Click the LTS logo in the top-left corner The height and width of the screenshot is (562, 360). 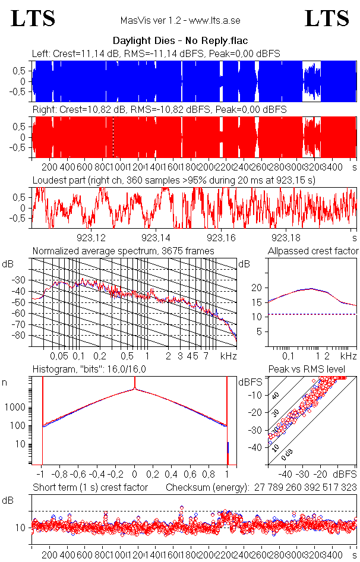(x=33, y=18)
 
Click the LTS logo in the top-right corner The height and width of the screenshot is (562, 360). (x=327, y=18)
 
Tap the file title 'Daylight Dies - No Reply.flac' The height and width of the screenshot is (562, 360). (x=180, y=41)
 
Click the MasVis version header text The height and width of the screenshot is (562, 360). (x=179, y=21)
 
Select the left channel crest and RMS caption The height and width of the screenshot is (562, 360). (x=156, y=53)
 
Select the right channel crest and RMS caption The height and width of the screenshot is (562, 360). (x=159, y=110)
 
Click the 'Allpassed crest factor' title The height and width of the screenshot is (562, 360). (x=313, y=251)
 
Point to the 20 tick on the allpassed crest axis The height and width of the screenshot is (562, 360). (x=257, y=288)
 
